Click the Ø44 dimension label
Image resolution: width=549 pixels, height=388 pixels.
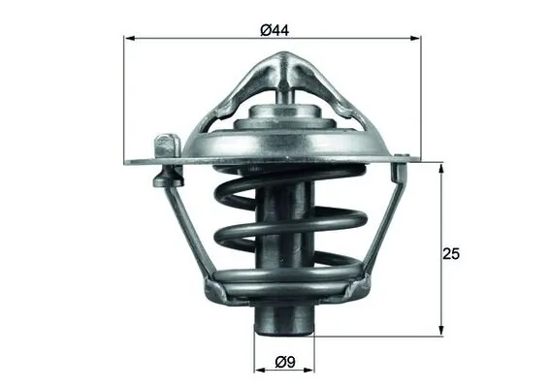click(x=274, y=29)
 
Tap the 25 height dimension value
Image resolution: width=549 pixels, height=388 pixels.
click(x=450, y=254)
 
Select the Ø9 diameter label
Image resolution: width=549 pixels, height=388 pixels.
click(x=284, y=363)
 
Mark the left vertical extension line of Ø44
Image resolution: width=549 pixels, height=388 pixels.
click(x=127, y=97)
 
